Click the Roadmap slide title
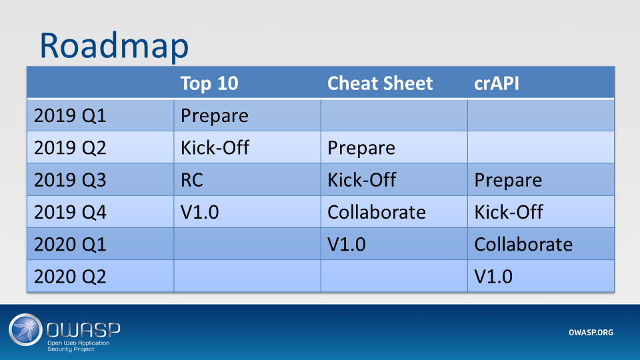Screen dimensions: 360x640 (x=113, y=45)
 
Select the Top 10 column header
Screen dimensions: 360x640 (x=209, y=83)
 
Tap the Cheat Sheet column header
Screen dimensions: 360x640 (x=380, y=83)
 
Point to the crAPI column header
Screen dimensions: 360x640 (x=497, y=83)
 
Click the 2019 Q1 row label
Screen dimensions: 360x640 (x=70, y=115)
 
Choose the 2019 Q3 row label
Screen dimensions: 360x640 (x=70, y=180)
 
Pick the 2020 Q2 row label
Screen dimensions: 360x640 (x=70, y=276)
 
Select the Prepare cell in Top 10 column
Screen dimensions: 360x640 (x=215, y=115)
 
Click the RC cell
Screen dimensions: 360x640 (x=193, y=180)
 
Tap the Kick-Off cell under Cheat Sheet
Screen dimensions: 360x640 (x=361, y=180)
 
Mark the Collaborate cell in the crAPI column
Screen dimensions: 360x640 (x=523, y=244)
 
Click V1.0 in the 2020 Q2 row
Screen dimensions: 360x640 (x=493, y=276)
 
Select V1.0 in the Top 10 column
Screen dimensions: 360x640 (x=200, y=212)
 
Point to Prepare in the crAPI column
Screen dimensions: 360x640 (x=508, y=180)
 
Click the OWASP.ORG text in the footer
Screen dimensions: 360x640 (x=591, y=333)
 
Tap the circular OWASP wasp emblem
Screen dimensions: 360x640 (x=25, y=331)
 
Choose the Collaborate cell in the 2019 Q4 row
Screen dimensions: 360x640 (x=377, y=212)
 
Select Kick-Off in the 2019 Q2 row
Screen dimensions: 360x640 (x=215, y=147)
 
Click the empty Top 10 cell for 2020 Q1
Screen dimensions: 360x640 (x=247, y=244)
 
